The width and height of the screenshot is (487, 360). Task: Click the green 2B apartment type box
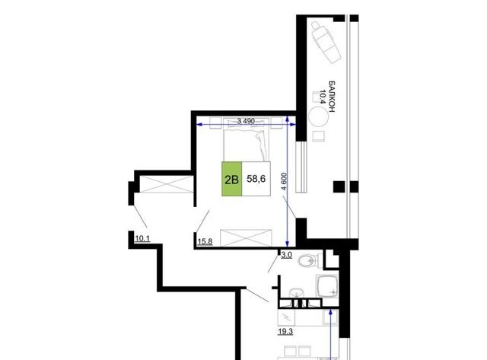(231, 179)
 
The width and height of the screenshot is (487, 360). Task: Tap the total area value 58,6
(256, 179)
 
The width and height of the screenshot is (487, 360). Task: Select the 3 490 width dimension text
(246, 121)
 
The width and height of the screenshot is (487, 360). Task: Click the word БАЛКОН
(332, 97)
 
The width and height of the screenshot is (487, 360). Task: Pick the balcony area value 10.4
(323, 97)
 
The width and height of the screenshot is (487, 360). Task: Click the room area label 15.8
(205, 241)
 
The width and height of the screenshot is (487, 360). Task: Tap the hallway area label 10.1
(142, 238)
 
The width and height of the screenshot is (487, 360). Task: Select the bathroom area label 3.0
(286, 255)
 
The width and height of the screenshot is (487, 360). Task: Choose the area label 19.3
(285, 331)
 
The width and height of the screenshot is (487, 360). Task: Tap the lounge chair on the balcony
(326, 43)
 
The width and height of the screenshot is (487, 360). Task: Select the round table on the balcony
(318, 116)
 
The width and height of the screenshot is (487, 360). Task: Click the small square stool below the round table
(318, 136)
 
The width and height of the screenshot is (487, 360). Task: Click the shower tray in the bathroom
(326, 286)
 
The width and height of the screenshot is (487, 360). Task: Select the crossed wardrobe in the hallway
(167, 184)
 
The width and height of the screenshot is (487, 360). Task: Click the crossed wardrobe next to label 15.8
(246, 237)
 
